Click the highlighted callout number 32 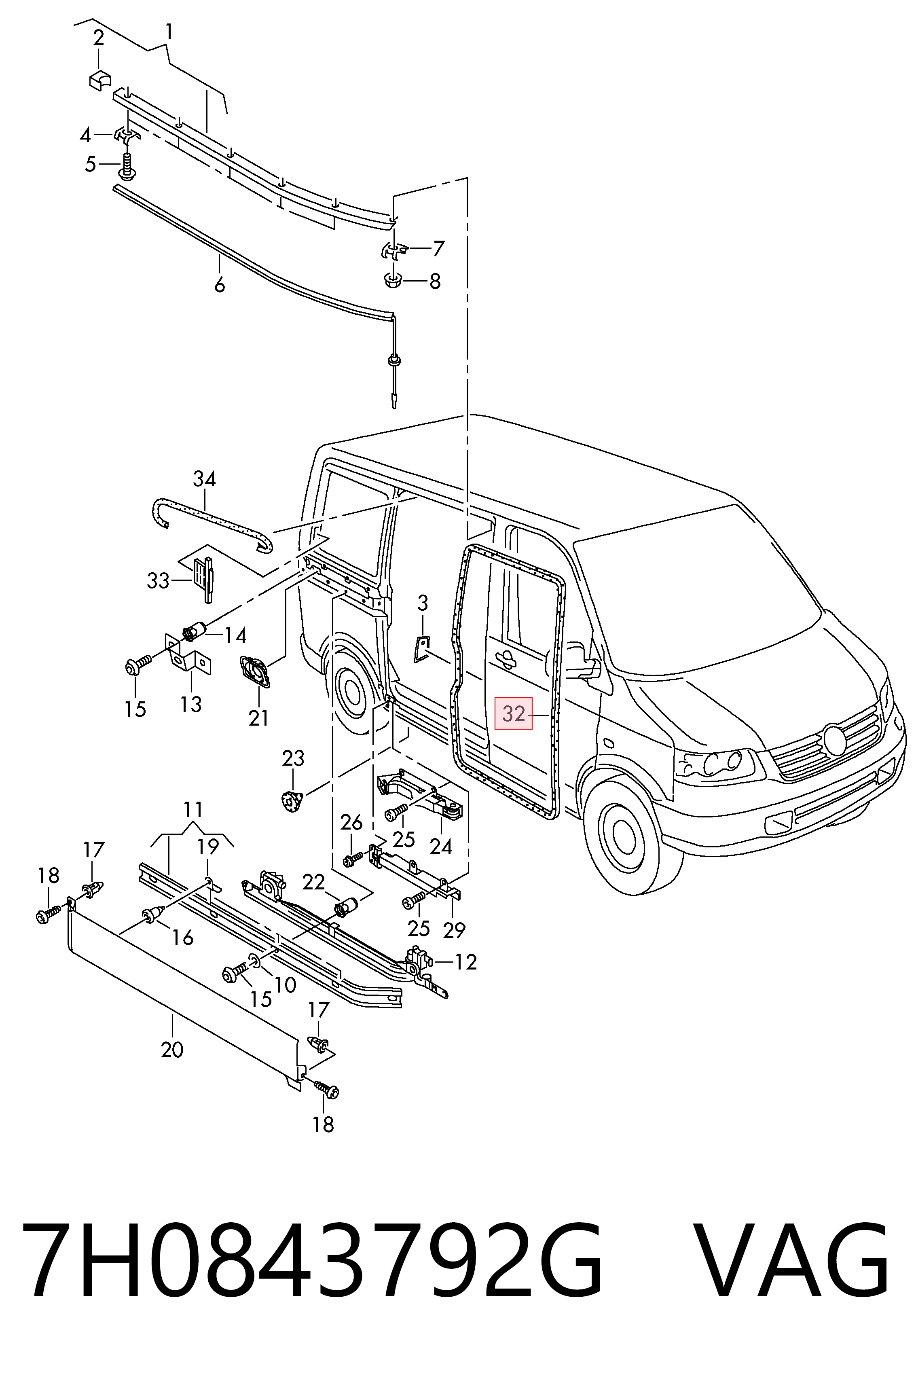514,713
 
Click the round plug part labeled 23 290,799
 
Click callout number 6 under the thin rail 219,285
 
